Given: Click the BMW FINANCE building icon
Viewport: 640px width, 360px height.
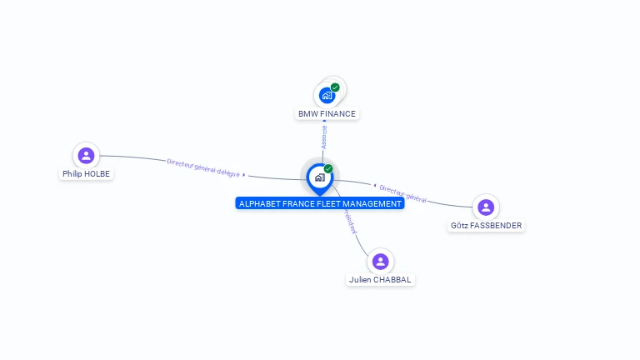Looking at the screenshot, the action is pyautogui.click(x=327, y=96).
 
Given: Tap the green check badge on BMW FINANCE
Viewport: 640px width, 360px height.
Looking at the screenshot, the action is pyautogui.click(x=335, y=87).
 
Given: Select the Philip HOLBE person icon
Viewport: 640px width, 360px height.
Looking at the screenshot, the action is pyautogui.click(x=86, y=155).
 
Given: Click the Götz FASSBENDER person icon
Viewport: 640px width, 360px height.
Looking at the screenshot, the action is pyautogui.click(x=486, y=207).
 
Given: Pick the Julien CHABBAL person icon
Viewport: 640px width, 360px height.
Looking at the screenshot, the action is pyautogui.click(x=380, y=262).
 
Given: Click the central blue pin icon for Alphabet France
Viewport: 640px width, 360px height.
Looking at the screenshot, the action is pyautogui.click(x=319, y=177).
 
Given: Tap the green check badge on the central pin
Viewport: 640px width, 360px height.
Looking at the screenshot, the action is pyautogui.click(x=328, y=168).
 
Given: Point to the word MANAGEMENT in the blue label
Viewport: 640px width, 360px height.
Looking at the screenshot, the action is pyautogui.click(x=372, y=203).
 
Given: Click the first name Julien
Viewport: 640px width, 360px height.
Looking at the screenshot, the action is pyautogui.click(x=360, y=280).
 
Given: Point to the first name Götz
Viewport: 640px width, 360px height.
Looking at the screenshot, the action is pyautogui.click(x=459, y=226).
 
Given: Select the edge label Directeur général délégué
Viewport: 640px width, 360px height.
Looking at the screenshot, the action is pyautogui.click(x=203, y=167).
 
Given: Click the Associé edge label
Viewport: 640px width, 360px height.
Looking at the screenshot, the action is pyautogui.click(x=324, y=137).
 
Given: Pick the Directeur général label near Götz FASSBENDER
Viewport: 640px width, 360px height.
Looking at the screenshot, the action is pyautogui.click(x=403, y=194).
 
